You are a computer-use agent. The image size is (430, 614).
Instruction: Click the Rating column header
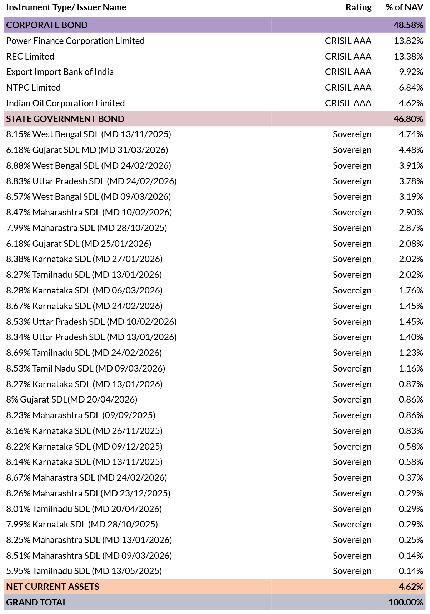coord(358,7)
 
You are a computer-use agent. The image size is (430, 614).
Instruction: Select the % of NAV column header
coord(404,7)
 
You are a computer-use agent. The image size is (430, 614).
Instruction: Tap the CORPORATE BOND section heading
coord(47,25)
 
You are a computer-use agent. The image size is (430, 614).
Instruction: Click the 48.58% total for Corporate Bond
coord(408,25)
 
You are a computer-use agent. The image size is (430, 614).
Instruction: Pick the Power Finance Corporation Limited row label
coord(75,41)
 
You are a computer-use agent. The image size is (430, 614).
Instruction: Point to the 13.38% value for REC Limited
coord(409,56)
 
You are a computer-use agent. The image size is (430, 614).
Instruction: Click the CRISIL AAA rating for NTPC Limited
coord(348,87)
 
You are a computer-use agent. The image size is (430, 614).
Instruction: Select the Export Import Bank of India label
coord(60,72)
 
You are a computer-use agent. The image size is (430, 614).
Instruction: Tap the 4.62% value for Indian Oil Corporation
coord(411,103)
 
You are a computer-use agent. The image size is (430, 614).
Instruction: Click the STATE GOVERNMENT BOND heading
coord(65,119)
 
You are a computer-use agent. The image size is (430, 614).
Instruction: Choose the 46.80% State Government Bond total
coord(408,119)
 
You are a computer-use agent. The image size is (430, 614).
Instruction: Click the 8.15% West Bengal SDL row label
coord(89,134)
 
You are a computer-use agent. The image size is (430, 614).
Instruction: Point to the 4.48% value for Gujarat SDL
coord(411,150)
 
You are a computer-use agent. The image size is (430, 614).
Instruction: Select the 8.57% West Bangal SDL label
coord(89,197)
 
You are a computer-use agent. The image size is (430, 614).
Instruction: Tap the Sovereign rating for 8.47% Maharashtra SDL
coord(352,213)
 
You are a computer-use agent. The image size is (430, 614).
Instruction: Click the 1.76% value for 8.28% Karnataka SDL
coord(411,290)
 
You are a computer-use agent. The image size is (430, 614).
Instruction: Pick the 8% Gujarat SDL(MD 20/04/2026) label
coord(72,399)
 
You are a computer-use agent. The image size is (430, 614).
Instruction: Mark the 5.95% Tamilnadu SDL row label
coord(84,571)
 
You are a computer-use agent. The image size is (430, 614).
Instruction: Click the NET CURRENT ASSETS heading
coord(52,587)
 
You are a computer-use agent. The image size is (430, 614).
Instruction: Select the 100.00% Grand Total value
coord(406,602)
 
